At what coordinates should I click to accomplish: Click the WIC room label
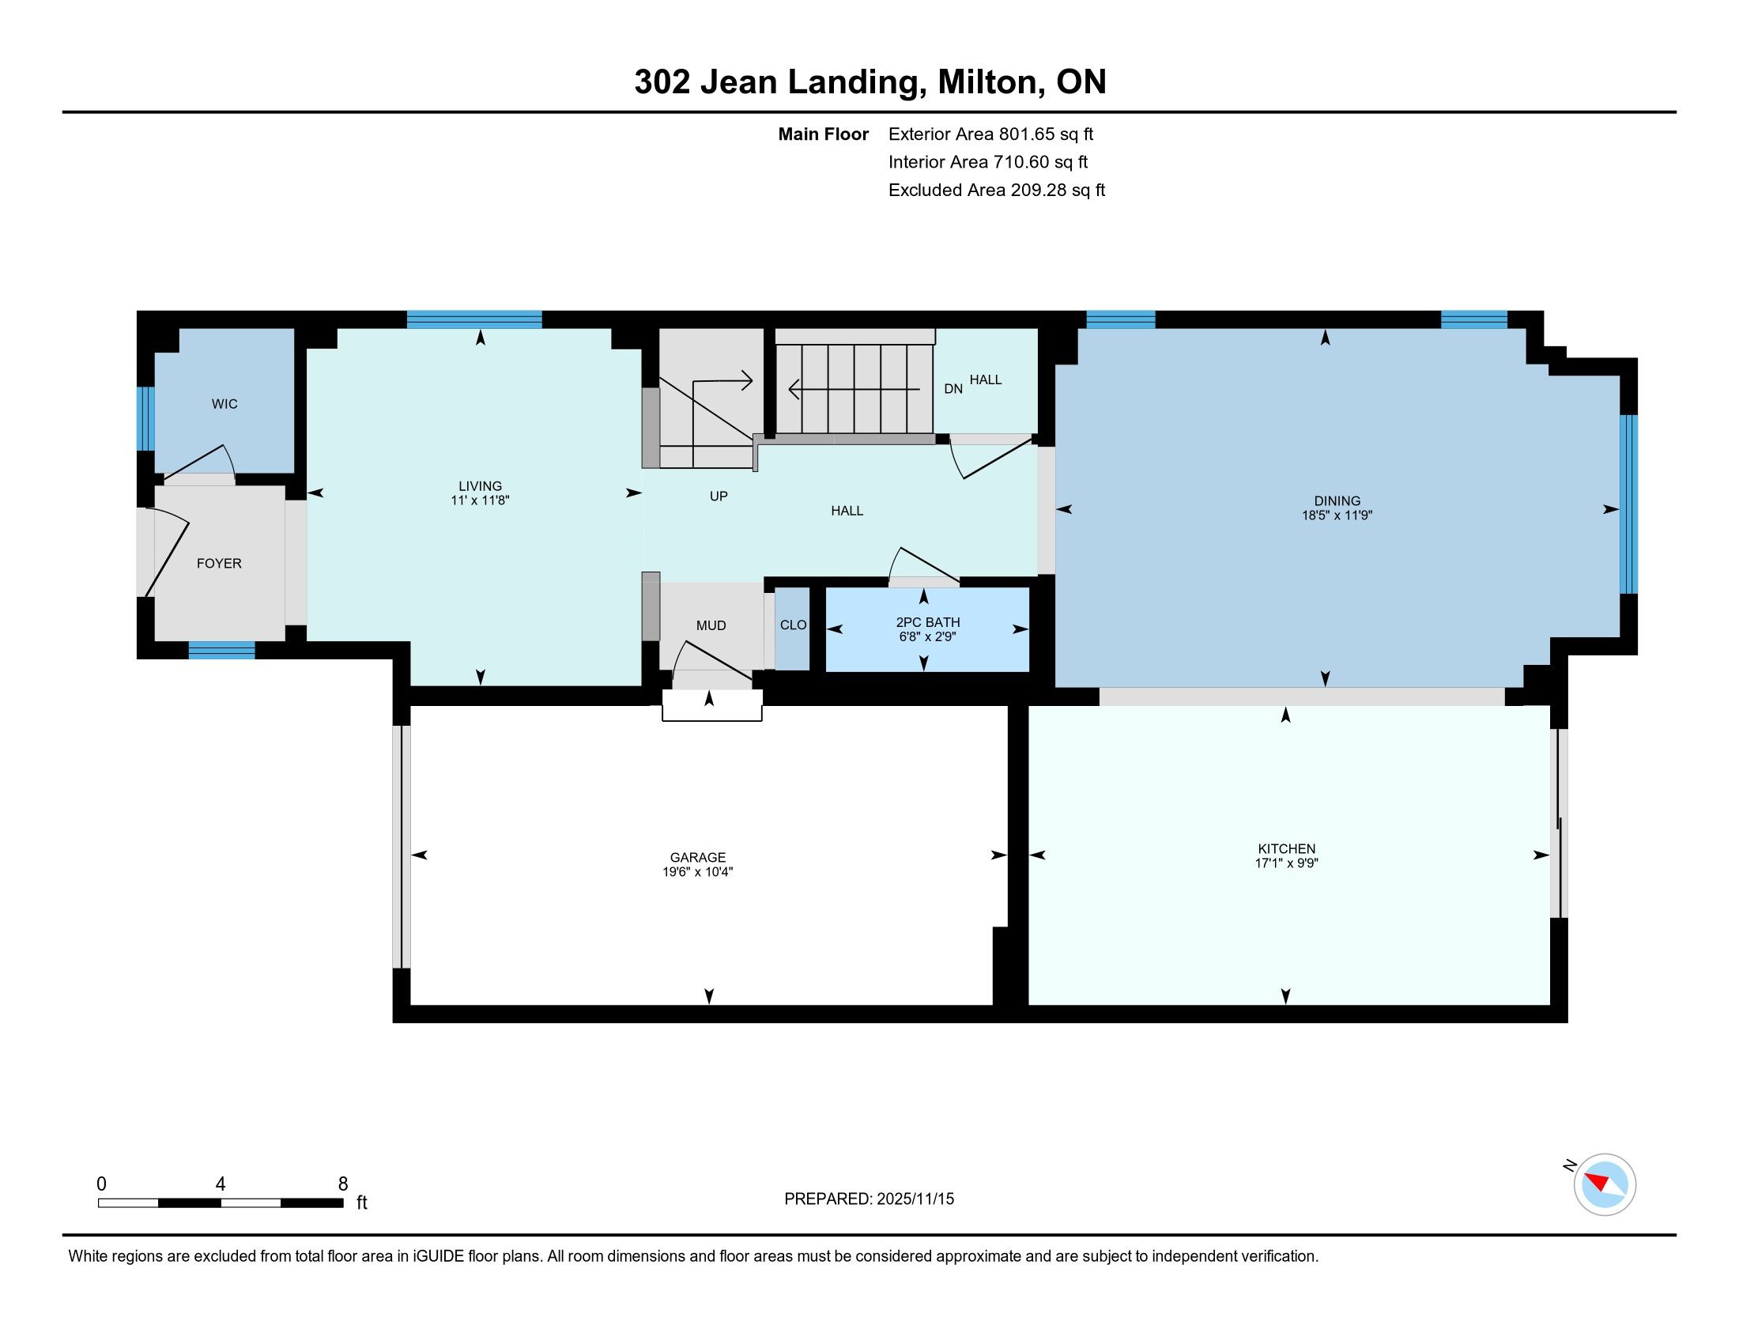coord(224,404)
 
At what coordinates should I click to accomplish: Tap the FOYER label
coord(219,563)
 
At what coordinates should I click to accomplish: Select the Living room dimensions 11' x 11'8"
coord(480,500)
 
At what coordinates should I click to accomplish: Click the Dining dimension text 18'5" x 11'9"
coord(1337,515)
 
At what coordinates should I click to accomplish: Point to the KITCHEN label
coord(1287,849)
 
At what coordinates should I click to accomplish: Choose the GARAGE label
coord(697,858)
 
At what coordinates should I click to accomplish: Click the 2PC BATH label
coord(928,622)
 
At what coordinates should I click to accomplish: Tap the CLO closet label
coord(793,625)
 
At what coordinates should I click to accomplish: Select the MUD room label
coord(711,626)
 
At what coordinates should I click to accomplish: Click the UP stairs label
coord(719,496)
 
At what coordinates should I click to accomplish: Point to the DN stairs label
coord(953,388)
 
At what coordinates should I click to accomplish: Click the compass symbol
coord(1605,1184)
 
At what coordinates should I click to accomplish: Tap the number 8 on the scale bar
coord(343,1184)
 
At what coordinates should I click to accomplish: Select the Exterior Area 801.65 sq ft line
coord(990,134)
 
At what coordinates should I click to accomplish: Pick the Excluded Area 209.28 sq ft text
coord(997,190)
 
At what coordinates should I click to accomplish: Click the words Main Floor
coord(824,134)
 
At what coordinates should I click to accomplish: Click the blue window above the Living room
coord(474,319)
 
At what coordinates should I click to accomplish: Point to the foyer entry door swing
coord(168,553)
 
